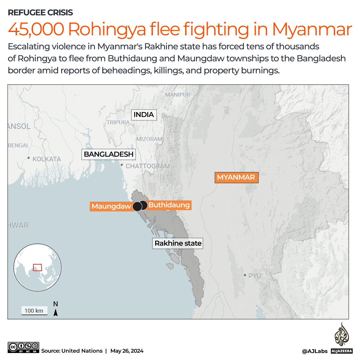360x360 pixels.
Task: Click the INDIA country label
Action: pyautogui.click(x=144, y=115)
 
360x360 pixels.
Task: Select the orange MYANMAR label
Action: pyautogui.click(x=236, y=177)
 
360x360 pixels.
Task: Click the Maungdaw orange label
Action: pyautogui.click(x=111, y=206)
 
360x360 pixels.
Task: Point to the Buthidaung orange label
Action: pyautogui.click(x=169, y=205)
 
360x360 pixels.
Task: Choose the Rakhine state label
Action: pyautogui.click(x=178, y=243)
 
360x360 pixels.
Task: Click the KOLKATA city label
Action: pyautogui.click(x=47, y=159)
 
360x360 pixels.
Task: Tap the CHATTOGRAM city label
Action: pyautogui.click(x=148, y=166)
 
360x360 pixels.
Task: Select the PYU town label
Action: pyautogui.click(x=254, y=276)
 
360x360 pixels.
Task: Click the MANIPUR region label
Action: pyautogui.click(x=178, y=95)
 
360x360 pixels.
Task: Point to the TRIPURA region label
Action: pyautogui.click(x=118, y=122)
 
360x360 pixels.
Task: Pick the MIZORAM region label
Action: pyautogui.click(x=149, y=139)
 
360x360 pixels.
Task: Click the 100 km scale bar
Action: pyautogui.click(x=34, y=311)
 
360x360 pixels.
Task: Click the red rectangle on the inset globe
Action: pyautogui.click(x=37, y=267)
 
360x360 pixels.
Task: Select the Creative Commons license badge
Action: pyautogui.click(x=23, y=347)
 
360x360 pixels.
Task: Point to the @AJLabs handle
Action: pyautogui.click(x=314, y=351)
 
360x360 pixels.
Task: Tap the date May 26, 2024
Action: pyautogui.click(x=127, y=351)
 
